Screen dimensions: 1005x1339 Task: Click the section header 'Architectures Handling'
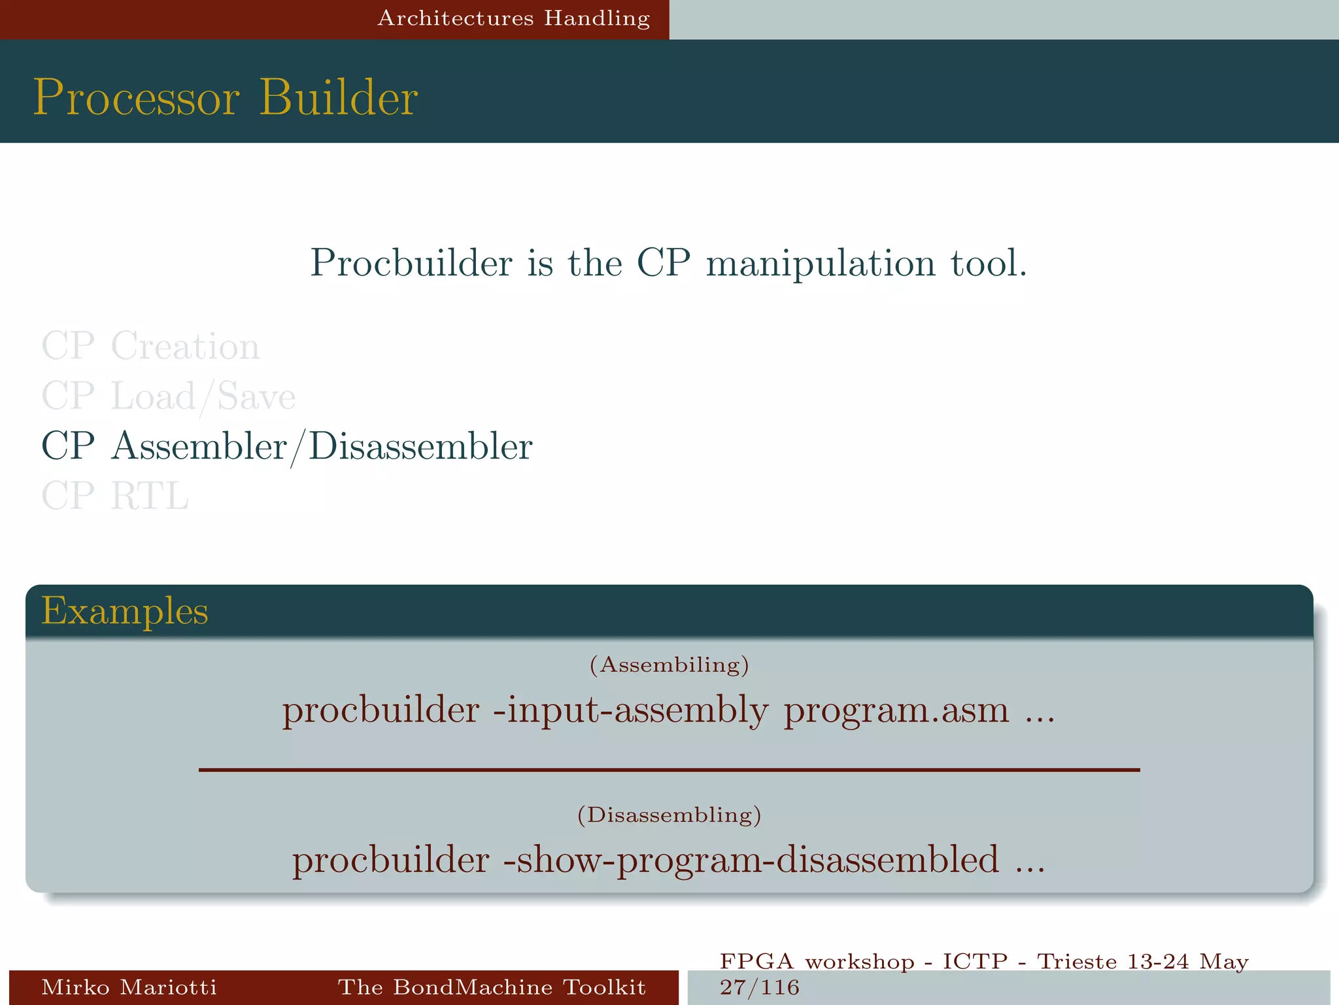click(514, 18)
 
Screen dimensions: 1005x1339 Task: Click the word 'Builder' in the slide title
click(339, 97)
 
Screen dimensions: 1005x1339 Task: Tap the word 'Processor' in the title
click(137, 97)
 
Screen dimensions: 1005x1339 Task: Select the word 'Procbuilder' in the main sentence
click(411, 263)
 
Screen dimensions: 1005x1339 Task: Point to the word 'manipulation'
click(821, 264)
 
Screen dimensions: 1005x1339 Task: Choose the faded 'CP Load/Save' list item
click(168, 397)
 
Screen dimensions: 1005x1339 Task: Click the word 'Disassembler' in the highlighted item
click(420, 447)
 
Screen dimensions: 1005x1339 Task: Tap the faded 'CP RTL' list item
click(115, 496)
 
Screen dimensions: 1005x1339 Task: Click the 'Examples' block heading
click(125, 611)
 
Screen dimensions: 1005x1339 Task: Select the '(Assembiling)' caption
click(669, 665)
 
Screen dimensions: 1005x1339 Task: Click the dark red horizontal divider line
click(669, 770)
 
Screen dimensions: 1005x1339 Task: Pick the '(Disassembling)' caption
click(669, 815)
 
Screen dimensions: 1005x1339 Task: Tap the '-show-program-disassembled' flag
click(751, 860)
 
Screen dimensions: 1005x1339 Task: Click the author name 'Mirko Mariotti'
click(129, 987)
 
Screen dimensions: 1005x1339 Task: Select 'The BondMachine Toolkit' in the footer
click(492, 987)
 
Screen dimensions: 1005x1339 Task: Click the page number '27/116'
click(760, 987)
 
